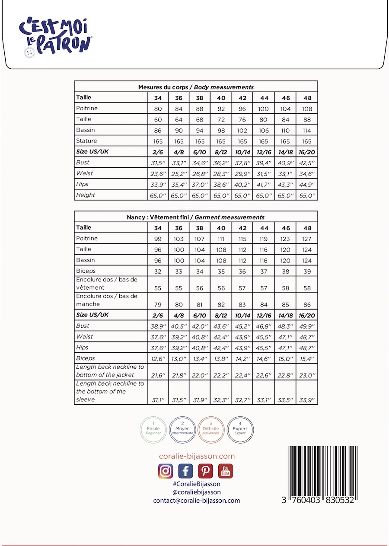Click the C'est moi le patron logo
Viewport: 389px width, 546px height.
pyautogui.click(x=55, y=37)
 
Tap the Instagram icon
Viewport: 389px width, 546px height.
pyautogui.click(x=166, y=471)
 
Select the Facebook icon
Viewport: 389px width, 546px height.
pyautogui.click(x=185, y=471)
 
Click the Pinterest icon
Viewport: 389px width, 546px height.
pyautogui.click(x=206, y=471)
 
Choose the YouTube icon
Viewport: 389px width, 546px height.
pyautogui.click(x=226, y=471)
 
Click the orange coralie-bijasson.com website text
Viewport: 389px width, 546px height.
pyautogui.click(x=197, y=456)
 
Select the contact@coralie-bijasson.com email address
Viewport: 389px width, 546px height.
pyautogui.click(x=197, y=501)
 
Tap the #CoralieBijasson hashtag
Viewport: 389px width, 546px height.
pyautogui.click(x=197, y=484)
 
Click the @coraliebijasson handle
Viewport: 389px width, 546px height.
pyautogui.click(x=197, y=492)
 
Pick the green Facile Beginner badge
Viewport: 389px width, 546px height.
pyautogui.click(x=153, y=429)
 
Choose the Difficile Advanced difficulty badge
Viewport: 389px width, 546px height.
pyautogui.click(x=211, y=429)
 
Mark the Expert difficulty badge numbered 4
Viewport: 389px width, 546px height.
pyautogui.click(x=240, y=429)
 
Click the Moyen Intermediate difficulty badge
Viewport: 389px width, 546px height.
pyautogui.click(x=182, y=429)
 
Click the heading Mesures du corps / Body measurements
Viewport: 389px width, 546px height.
pyautogui.click(x=196, y=87)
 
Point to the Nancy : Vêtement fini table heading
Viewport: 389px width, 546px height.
pyautogui.click(x=196, y=217)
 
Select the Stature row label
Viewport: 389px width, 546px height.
pyautogui.click(x=86, y=141)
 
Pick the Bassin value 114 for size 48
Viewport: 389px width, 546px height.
pyautogui.click(x=307, y=131)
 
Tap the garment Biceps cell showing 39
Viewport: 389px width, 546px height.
pyautogui.click(x=307, y=271)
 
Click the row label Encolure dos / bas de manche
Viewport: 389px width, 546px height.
pyautogui.click(x=107, y=300)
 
